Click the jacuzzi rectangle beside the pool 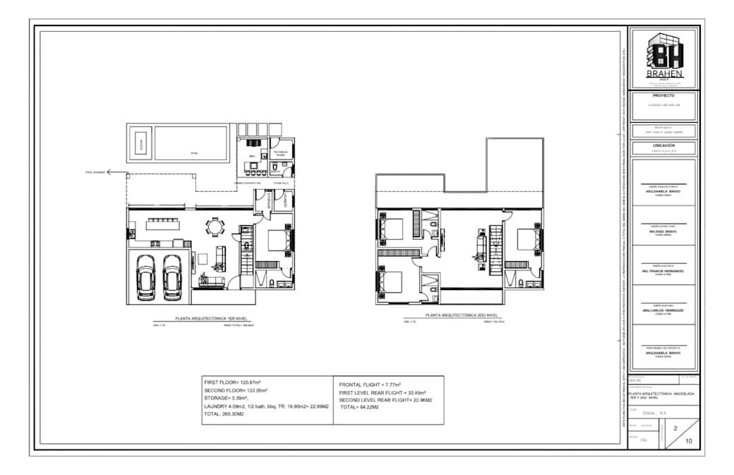[x=140, y=143]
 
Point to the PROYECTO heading [x=663, y=95]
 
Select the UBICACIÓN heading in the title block [x=663, y=145]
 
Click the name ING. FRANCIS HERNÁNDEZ [x=663, y=271]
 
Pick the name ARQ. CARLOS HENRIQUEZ [x=663, y=310]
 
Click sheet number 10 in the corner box [x=689, y=441]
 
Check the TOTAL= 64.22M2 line [x=361, y=407]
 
